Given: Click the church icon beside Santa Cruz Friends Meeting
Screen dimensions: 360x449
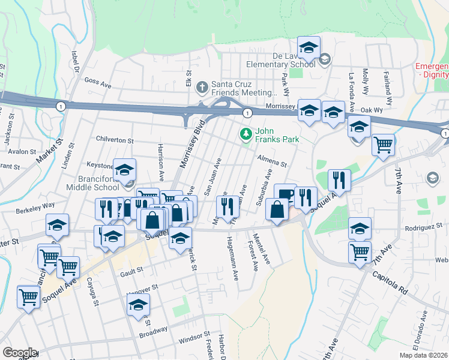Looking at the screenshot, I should (203, 88).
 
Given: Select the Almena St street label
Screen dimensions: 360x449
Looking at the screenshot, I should (273, 160).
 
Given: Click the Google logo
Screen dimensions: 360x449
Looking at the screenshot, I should (19, 352).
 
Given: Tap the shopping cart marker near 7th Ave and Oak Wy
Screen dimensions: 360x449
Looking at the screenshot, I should (383, 144).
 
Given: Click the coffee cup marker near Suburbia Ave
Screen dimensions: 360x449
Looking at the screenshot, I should (285, 193).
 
